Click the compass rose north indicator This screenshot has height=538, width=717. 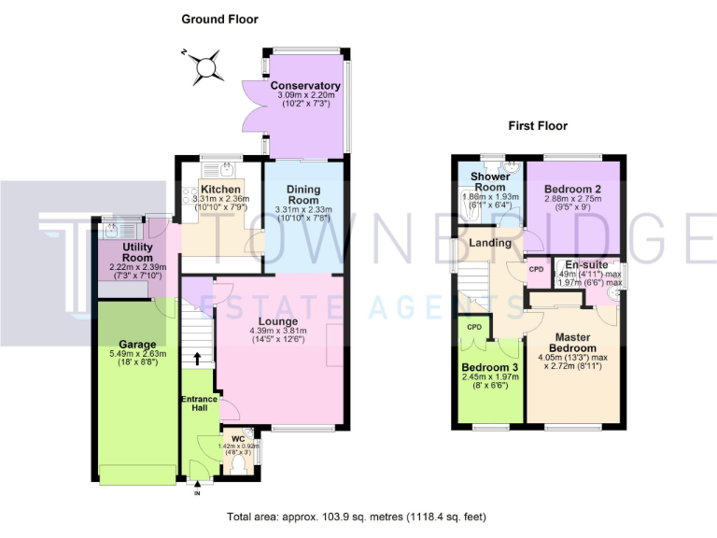tap(206, 65)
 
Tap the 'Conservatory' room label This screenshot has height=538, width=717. tap(305, 87)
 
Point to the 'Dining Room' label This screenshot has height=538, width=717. tap(302, 194)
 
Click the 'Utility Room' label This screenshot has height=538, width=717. tap(124, 251)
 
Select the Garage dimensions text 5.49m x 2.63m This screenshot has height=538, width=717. tap(130, 354)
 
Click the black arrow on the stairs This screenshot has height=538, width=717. tap(197, 357)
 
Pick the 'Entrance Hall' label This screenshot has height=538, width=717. tap(199, 404)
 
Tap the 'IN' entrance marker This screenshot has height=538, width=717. tap(197, 492)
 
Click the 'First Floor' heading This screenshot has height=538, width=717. tap(538, 125)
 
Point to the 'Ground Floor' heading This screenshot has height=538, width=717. tap(219, 19)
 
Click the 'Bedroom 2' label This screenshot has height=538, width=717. tap(572, 188)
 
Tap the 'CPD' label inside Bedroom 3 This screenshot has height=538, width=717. tap(474, 327)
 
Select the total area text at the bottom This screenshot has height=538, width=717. tap(358, 517)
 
